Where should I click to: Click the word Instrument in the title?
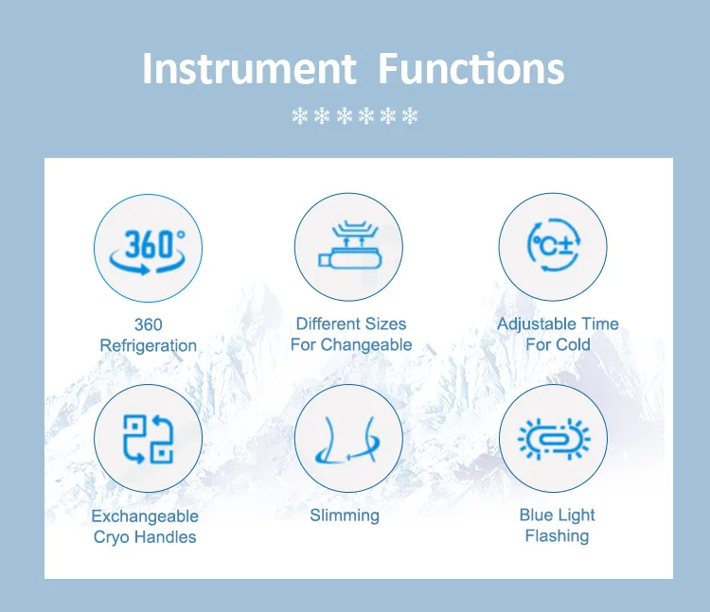[x=249, y=68]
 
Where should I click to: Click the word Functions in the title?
[x=471, y=68]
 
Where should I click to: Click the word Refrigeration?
[x=148, y=345]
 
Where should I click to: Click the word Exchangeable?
[x=145, y=516]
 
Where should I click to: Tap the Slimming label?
[x=345, y=516]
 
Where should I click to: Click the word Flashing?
[x=557, y=536]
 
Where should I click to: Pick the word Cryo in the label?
[x=112, y=537]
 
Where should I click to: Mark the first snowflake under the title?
[x=299, y=116]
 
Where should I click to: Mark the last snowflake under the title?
[x=410, y=116]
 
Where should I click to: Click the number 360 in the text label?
[x=148, y=324]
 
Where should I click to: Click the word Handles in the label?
[x=166, y=537]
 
